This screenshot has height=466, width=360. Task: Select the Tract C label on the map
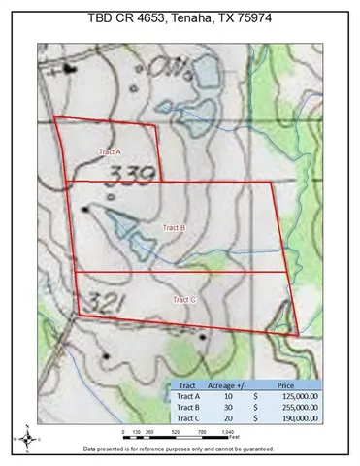pos(184,300)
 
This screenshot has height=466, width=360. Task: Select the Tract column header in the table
pos(184,384)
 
